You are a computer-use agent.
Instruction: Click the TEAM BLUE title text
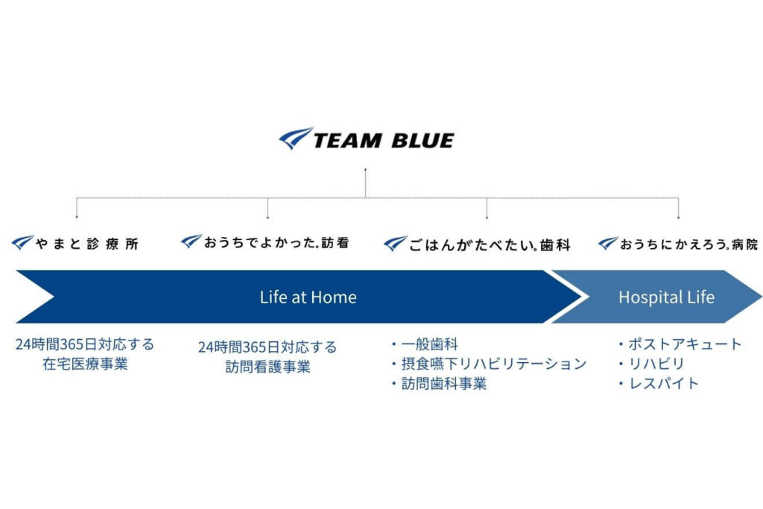coord(384,141)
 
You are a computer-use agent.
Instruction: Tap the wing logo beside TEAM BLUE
coord(296,139)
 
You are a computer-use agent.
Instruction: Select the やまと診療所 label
coord(87,243)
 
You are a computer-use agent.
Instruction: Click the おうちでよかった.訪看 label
coord(276,242)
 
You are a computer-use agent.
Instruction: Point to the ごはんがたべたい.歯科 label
coord(490,244)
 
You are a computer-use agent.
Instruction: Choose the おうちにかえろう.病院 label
coord(689,244)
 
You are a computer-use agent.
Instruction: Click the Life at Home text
coord(308,297)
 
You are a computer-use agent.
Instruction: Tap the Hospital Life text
coord(666,297)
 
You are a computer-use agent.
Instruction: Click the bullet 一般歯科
coord(424,344)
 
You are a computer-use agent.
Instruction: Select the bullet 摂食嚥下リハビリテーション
coord(489,364)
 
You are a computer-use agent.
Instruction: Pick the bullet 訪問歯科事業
coord(438,384)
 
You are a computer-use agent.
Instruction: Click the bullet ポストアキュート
coord(680,344)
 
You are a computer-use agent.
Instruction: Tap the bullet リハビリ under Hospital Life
coord(651,364)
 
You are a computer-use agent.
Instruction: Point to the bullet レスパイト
coord(659,384)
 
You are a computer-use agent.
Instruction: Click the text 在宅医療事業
coord(85,364)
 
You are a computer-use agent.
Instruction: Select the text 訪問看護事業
coord(268,367)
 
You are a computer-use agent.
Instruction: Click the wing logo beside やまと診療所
coord(22,242)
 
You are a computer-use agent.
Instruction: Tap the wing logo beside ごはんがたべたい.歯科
coord(395,243)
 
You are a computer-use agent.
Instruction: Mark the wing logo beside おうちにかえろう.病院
coord(608,243)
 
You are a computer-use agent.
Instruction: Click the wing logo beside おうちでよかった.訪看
coord(191,241)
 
